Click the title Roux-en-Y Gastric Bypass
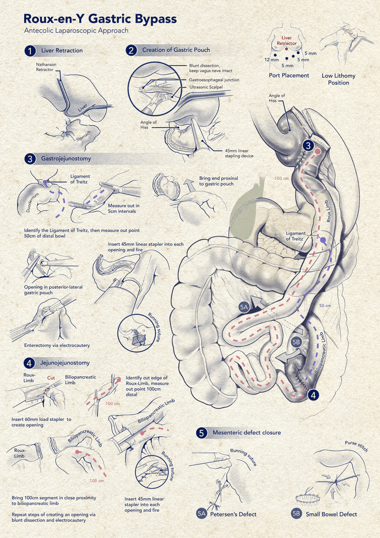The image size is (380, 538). [x=100, y=19]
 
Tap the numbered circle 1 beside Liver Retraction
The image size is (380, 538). [x=30, y=51]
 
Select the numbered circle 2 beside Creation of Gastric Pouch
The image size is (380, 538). [x=131, y=50]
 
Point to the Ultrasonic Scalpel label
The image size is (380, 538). [x=210, y=87]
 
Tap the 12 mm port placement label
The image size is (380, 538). [x=271, y=60]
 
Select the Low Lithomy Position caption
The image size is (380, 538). [x=338, y=79]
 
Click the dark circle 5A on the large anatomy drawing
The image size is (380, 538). [x=244, y=307]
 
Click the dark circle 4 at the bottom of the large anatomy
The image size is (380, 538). [x=313, y=395]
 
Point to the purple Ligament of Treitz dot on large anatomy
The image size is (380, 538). [x=324, y=241]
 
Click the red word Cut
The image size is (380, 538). [x=51, y=378]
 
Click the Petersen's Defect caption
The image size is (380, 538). [x=233, y=514]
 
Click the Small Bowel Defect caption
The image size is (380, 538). [x=331, y=514]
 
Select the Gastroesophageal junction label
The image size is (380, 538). [x=214, y=80]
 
